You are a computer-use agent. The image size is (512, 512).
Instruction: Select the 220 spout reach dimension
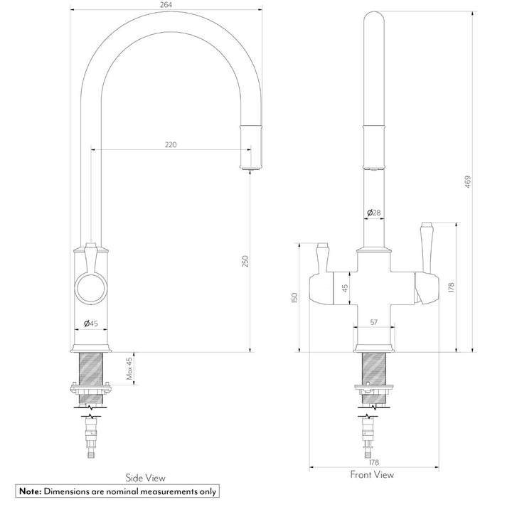click(171, 144)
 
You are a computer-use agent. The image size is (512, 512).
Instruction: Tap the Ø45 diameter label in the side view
click(91, 324)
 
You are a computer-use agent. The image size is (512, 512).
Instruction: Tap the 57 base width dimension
click(373, 323)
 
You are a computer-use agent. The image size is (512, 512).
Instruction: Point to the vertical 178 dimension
click(451, 287)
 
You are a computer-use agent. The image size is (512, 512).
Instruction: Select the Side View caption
click(145, 478)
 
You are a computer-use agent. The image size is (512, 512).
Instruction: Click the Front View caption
click(372, 474)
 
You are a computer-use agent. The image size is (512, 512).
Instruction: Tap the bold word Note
click(31, 491)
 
